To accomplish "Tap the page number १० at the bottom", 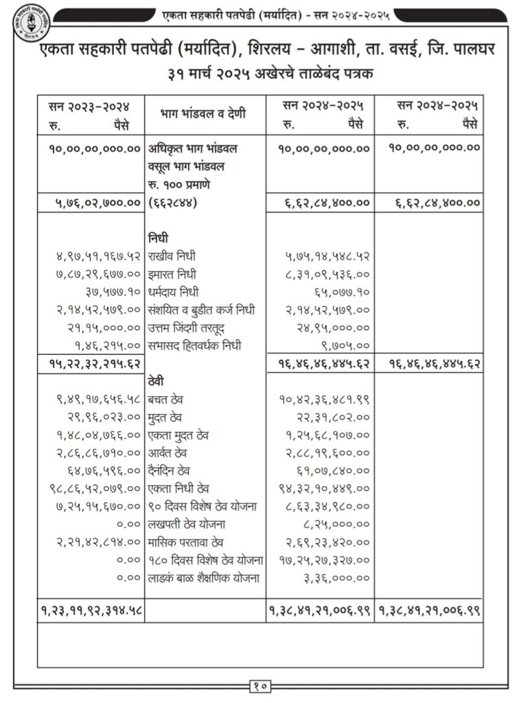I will click(259, 684).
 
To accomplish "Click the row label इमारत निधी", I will click(177, 273).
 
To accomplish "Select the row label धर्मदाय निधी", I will click(178, 291).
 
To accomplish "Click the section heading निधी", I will click(158, 238).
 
